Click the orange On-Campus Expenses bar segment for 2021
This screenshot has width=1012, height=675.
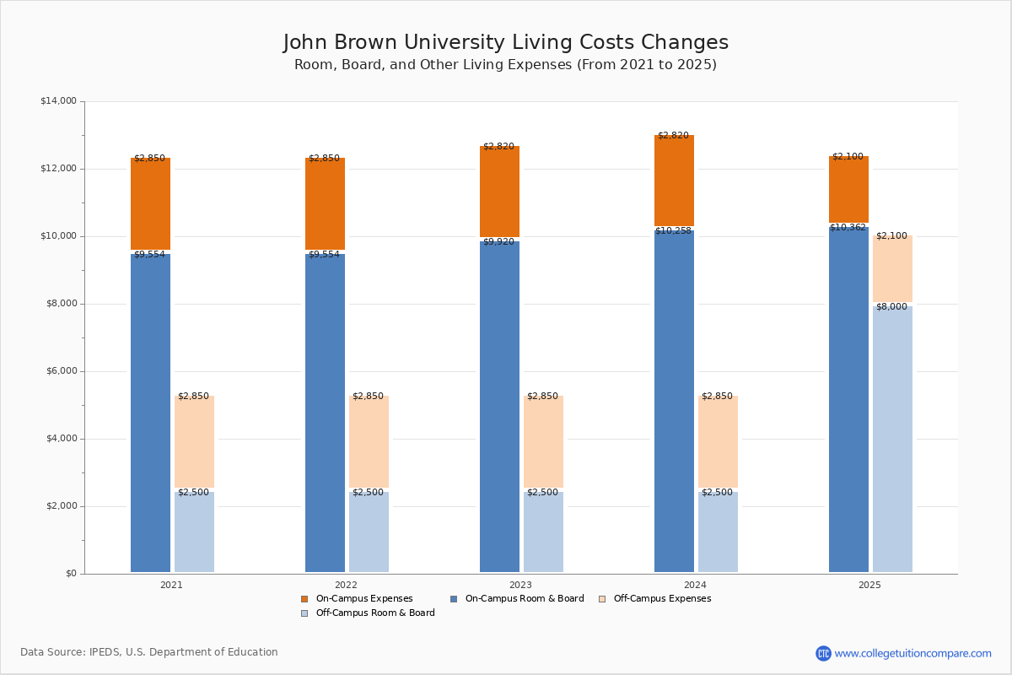[x=150, y=203]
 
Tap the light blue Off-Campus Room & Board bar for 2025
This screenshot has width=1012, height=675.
[x=892, y=439]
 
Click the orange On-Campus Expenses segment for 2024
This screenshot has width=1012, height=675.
[x=674, y=181]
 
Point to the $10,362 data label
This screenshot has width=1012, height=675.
[x=848, y=227]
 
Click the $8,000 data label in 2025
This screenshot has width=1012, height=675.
[x=891, y=307]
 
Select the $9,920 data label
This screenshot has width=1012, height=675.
[x=498, y=242]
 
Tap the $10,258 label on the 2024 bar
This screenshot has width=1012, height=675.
[x=673, y=231]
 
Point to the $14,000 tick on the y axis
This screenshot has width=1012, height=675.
[x=58, y=101]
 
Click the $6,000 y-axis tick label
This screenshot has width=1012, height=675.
[x=61, y=371]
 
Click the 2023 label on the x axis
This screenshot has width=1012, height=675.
[x=520, y=585]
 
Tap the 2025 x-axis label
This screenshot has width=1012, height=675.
[x=869, y=585]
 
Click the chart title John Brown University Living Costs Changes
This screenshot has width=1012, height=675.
[x=505, y=43]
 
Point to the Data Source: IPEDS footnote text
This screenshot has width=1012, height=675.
[x=149, y=652]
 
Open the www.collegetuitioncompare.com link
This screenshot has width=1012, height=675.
[x=912, y=653]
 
